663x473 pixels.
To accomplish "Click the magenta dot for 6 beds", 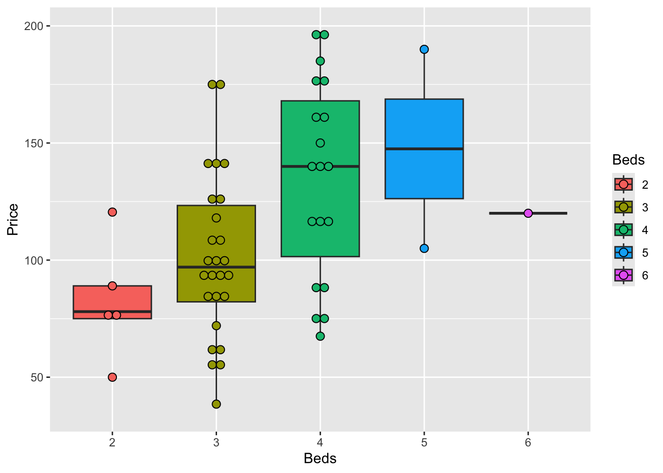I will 528,213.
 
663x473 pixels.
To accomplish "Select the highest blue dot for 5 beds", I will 424,49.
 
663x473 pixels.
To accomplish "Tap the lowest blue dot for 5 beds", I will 424,248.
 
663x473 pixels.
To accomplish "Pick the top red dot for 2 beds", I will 112,212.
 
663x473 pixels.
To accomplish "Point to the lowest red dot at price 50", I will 112,377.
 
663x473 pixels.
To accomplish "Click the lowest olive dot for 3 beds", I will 216,404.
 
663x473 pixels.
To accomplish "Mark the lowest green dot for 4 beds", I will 320,336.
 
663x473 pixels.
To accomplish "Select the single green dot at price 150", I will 320,143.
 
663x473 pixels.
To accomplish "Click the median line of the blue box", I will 424,148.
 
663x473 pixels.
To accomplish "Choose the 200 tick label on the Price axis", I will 34,26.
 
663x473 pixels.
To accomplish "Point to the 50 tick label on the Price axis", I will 37,377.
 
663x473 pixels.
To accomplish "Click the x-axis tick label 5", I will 424,442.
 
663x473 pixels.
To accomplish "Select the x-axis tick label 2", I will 112,442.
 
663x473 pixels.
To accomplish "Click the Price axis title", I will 13,219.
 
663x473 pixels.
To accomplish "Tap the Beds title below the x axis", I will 320,459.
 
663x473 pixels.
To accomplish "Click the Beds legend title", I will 628,160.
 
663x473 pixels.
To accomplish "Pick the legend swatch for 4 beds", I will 624,230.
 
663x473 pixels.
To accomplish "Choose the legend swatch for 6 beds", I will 624,275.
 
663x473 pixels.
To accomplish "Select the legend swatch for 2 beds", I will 624,184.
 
